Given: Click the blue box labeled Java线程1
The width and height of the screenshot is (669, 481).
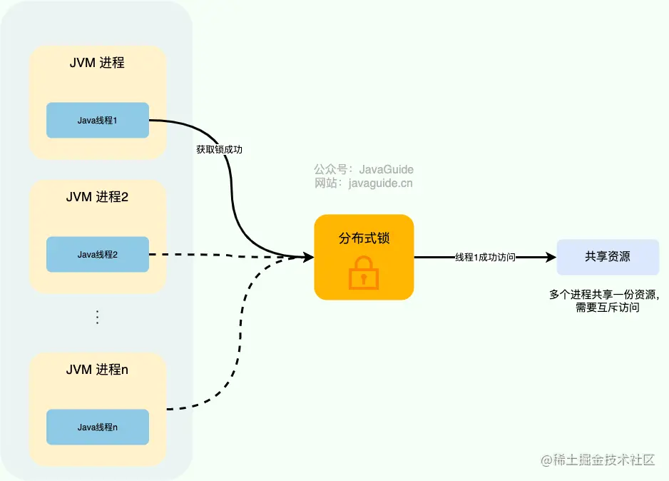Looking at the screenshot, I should pos(97,121).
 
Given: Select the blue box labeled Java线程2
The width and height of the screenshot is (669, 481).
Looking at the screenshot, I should pos(97,254).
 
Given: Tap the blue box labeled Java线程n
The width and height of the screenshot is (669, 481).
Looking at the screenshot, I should pos(97,427).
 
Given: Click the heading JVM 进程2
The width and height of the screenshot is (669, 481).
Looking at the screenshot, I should pos(97,197).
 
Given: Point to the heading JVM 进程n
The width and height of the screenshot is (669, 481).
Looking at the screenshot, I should pos(97,370).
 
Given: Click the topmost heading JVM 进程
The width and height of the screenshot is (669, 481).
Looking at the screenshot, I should pos(97,63).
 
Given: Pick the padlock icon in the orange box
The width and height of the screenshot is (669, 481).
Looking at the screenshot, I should pos(364,272).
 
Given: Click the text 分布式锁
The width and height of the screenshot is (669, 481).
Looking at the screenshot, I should pos(364,238).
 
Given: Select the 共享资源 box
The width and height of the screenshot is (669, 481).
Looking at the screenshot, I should pos(608,257).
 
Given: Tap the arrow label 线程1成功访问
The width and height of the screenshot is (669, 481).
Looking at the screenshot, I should pos(485,257).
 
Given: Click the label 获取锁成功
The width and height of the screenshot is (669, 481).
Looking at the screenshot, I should pos(224,150).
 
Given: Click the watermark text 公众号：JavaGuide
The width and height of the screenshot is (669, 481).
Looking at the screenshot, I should pos(364,170).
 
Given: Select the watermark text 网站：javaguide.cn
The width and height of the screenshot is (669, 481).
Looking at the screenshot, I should pos(364,183).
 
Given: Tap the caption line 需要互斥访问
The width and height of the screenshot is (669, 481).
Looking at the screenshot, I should pos(607,308).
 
